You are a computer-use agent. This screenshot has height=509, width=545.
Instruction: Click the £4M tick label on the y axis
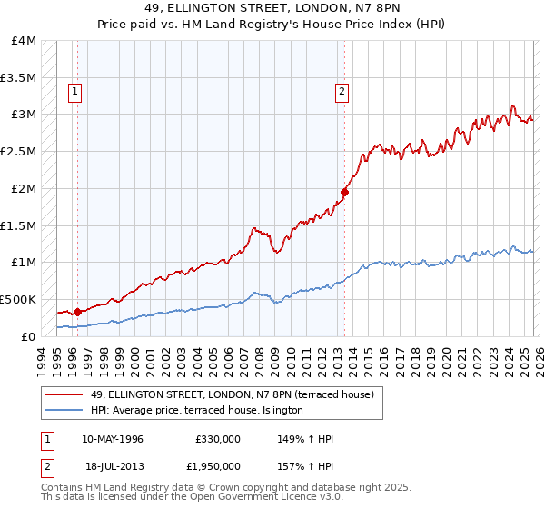24,41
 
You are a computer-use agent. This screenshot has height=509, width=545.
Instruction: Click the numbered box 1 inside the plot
74,90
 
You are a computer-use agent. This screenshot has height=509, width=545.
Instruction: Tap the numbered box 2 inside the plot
342,90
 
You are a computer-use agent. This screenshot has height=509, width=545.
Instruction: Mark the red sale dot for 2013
345,192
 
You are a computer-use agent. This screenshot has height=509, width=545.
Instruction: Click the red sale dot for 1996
77,312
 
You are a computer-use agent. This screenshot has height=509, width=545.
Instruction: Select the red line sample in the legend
64,394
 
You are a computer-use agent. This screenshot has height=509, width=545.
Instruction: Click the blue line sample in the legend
64,411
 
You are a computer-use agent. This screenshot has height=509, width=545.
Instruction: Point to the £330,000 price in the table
217,439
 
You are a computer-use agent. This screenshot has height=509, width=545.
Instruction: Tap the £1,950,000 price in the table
213,465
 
